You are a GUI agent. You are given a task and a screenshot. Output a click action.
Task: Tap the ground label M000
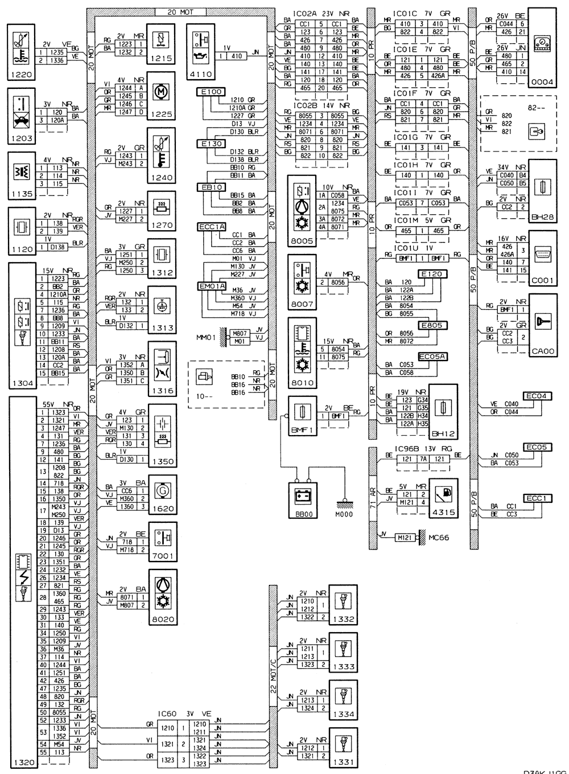344,514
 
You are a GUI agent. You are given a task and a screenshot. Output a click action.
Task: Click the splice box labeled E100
211,92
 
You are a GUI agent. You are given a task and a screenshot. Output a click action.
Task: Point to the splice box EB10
211,187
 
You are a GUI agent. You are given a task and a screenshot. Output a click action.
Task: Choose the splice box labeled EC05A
432,357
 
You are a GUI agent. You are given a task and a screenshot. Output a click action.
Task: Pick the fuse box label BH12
442,433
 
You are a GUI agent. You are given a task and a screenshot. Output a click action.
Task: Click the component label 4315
444,513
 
